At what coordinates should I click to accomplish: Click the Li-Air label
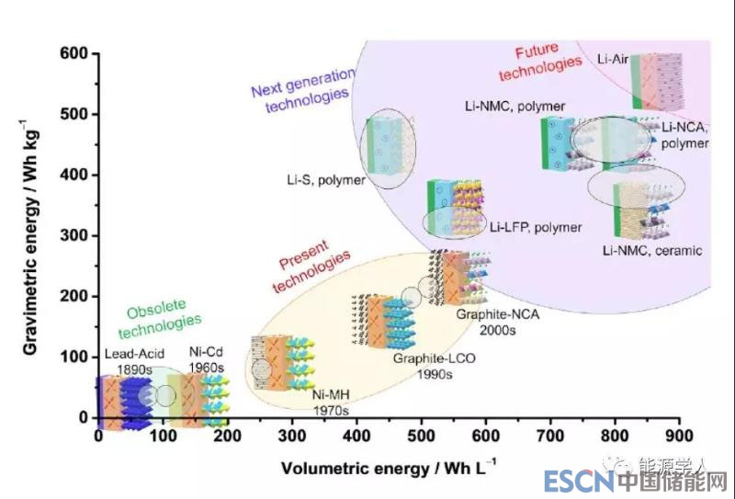613,61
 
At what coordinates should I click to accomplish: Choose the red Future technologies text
548,61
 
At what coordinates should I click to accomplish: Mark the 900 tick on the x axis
679,436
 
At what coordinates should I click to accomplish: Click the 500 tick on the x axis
421,436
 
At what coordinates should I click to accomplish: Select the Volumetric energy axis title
387,468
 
